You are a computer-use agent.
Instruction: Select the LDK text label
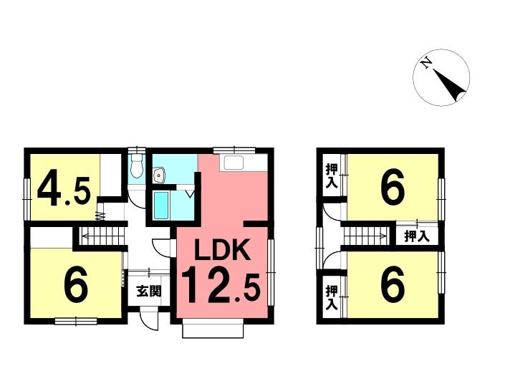click(223, 249)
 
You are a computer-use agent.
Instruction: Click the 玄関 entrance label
click(149, 291)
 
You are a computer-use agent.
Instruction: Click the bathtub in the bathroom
click(160, 206)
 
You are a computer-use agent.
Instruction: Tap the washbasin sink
click(159, 175)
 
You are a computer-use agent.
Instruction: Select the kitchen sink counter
click(244, 163)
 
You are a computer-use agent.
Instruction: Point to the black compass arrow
click(450, 85)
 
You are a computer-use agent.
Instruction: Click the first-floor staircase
click(102, 236)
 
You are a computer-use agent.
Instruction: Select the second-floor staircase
click(366, 236)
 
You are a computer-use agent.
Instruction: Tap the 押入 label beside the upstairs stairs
click(417, 236)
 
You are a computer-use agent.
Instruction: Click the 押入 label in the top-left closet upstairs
click(332, 176)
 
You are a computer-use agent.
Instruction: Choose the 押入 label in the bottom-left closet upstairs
click(332, 297)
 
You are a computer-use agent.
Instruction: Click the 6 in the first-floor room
click(76, 283)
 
